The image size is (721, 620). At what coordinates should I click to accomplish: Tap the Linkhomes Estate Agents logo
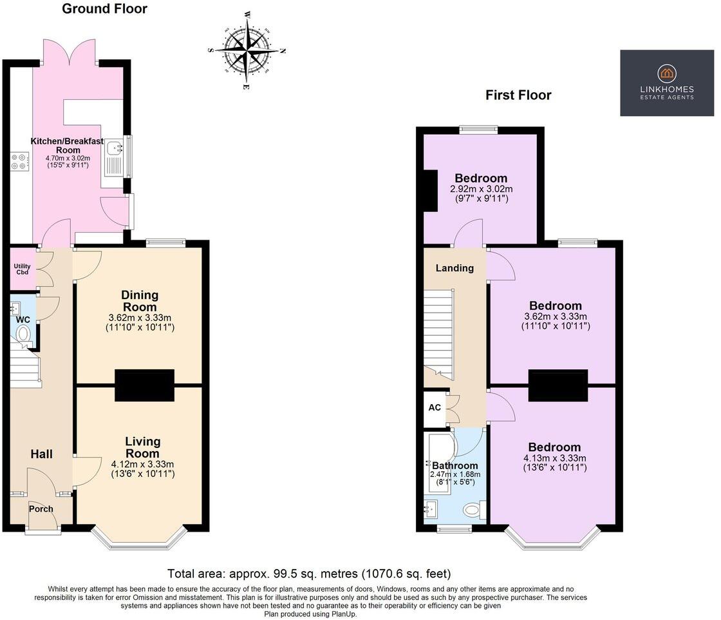666,83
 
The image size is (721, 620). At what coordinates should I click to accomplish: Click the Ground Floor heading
104,9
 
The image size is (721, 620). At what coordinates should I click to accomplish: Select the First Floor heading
518,95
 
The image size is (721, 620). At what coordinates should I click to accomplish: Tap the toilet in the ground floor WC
23,333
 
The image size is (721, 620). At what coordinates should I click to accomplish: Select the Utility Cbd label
23,268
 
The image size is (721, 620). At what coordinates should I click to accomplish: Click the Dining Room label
140,300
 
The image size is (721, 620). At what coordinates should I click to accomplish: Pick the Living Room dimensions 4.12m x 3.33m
142,463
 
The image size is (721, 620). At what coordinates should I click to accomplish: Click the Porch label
42,509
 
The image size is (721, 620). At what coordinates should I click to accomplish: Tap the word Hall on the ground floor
41,454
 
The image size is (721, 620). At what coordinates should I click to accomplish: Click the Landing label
454,268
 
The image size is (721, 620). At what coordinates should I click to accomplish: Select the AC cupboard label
434,409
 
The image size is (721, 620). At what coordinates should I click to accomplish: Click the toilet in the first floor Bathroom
473,510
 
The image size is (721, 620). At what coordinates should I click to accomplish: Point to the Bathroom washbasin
431,510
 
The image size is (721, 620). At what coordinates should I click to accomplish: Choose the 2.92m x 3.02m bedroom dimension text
481,189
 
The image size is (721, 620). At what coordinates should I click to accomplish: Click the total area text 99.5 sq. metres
309,573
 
